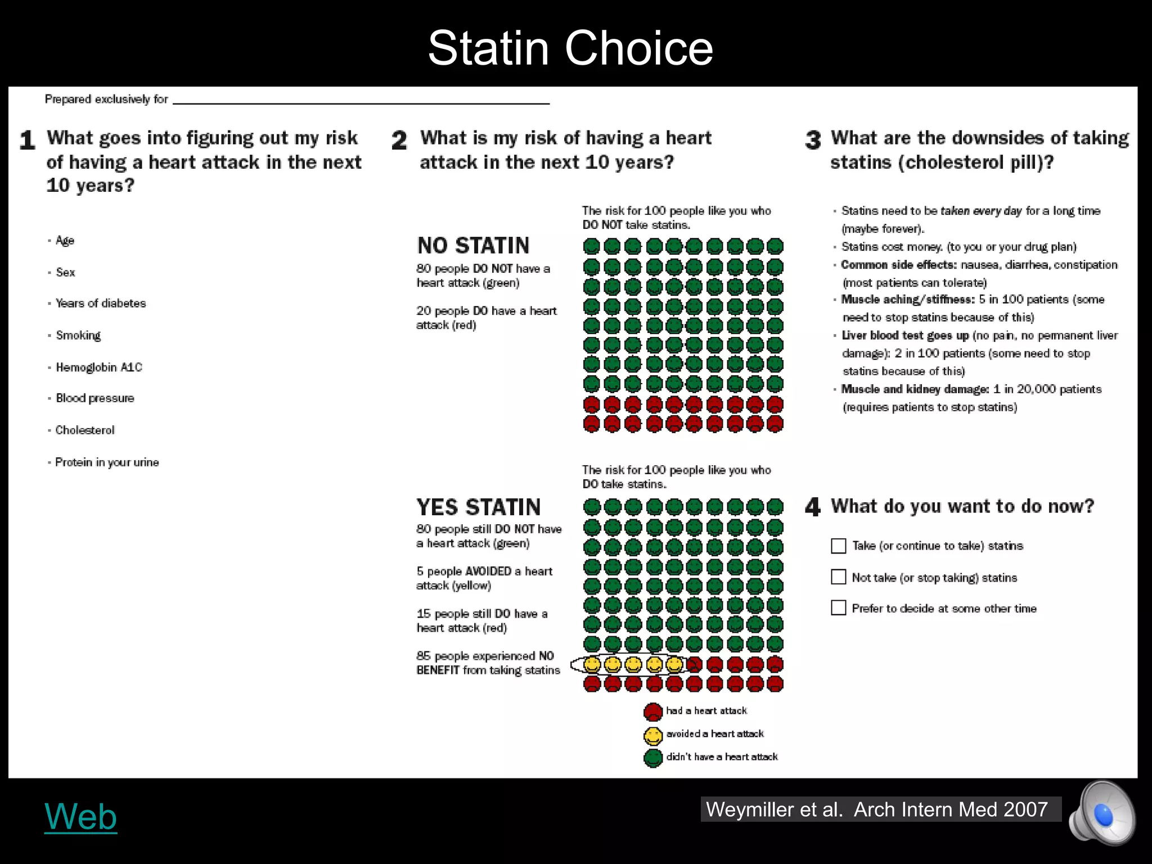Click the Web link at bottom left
[80, 816]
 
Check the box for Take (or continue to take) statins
[838, 546]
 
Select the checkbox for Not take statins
[838, 577]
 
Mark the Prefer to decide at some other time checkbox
[838, 608]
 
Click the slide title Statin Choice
[570, 48]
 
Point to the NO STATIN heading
[473, 246]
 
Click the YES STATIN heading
[478, 507]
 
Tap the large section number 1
[27, 140]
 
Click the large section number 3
[813, 140]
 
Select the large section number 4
[813, 507]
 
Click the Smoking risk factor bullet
[78, 335]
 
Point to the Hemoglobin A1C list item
[99, 367]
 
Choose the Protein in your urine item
[107, 462]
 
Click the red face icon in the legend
[653, 712]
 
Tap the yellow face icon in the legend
[653, 735]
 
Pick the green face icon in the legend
[653, 758]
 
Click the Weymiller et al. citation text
[877, 809]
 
